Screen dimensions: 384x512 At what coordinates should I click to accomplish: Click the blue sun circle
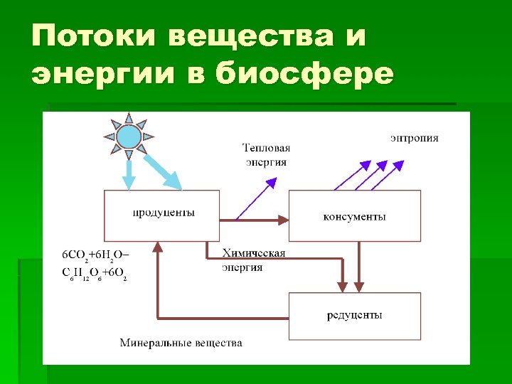point(129,136)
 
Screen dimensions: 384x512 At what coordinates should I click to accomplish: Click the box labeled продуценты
point(162,215)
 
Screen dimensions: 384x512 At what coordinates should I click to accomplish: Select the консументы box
point(354,215)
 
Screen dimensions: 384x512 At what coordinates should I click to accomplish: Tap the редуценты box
point(354,316)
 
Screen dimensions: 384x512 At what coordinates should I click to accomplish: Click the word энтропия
point(414,138)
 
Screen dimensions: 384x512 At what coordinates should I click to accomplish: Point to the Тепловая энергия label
point(267,155)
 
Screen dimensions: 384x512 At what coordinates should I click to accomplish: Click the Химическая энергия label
point(253,260)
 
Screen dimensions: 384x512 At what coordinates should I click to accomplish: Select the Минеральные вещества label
point(181,343)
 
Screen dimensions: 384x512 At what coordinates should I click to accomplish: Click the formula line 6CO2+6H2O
point(96,254)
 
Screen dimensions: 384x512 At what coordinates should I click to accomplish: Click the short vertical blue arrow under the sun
point(128,175)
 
